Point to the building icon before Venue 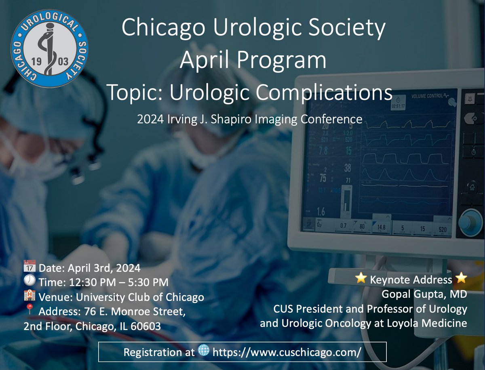(x=30, y=297)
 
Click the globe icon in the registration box (x=204, y=351)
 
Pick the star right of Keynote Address (x=461, y=279)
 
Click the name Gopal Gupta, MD (x=424, y=294)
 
